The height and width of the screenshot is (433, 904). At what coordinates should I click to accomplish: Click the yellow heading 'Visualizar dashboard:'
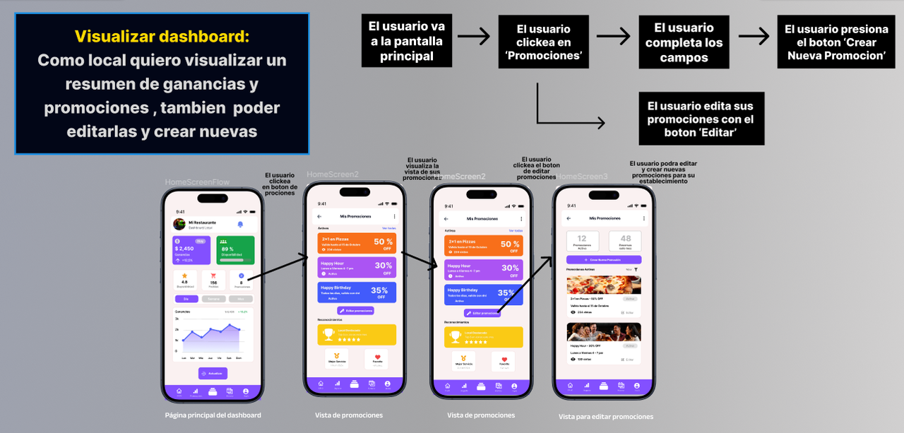click(x=162, y=36)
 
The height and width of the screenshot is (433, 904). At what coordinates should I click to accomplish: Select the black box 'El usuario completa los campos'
click(x=683, y=42)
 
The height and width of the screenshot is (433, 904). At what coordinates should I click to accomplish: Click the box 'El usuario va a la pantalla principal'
click(x=406, y=41)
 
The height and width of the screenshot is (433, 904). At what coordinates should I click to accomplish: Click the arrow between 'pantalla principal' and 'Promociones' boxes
click(x=473, y=35)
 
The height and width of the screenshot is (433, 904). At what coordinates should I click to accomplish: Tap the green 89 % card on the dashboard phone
click(x=234, y=250)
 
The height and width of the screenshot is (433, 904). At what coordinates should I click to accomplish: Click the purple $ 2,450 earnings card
click(x=191, y=250)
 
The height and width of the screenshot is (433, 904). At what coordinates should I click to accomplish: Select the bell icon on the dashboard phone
click(x=240, y=225)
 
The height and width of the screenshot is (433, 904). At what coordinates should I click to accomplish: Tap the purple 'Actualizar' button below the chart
click(x=213, y=374)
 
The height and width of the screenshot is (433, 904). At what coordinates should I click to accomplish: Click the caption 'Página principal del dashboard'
click(x=213, y=415)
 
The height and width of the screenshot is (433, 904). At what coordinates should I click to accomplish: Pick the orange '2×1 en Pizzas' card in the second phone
click(x=356, y=243)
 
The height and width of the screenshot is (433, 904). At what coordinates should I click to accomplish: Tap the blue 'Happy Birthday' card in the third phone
click(x=484, y=294)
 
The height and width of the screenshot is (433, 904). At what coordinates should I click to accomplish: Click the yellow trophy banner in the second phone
click(x=356, y=334)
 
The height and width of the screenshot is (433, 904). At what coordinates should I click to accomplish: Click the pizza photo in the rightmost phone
click(x=604, y=285)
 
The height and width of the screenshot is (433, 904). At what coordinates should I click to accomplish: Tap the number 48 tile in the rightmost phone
click(x=626, y=242)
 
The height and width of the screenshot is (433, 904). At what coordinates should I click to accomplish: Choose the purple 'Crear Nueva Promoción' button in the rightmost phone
click(x=604, y=260)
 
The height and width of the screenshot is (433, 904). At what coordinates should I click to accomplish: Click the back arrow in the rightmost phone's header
click(x=567, y=219)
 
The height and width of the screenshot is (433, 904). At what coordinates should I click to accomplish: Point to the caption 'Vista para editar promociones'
click(x=605, y=417)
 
